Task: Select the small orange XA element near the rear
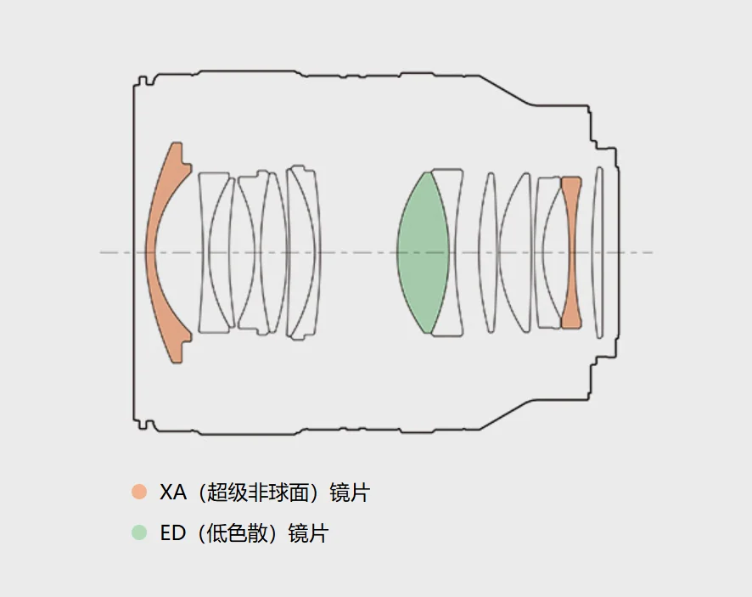click(571, 253)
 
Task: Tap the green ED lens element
click(423, 253)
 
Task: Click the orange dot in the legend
click(139, 492)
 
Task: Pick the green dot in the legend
click(139, 532)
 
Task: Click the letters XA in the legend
click(172, 493)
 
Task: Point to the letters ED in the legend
click(172, 533)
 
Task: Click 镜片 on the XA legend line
click(350, 493)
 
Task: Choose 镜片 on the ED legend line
click(308, 533)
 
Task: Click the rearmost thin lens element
click(598, 253)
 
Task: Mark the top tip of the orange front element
click(177, 143)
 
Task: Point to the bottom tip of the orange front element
click(177, 363)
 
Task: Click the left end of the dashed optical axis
click(100, 252)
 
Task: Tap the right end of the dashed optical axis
click(653, 252)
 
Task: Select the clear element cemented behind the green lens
click(451, 253)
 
